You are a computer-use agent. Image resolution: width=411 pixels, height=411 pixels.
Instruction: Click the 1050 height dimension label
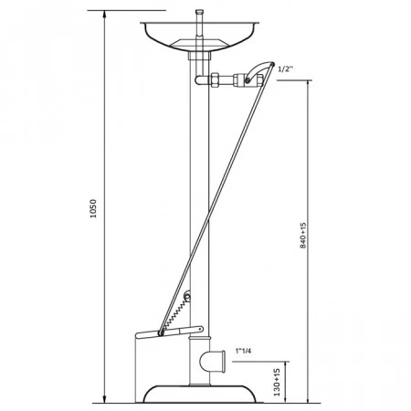[93, 208]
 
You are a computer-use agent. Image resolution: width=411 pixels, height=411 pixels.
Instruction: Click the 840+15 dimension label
[303, 236]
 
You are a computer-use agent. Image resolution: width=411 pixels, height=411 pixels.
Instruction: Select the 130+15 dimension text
[277, 383]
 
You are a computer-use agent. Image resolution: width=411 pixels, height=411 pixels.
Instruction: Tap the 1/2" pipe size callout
[285, 68]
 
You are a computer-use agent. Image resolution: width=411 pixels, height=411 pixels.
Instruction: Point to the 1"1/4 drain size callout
[243, 351]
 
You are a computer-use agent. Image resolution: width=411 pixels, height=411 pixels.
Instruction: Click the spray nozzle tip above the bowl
[199, 13]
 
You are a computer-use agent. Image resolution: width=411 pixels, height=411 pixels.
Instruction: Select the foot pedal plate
[169, 332]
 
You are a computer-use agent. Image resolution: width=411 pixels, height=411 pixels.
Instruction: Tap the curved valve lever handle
[259, 71]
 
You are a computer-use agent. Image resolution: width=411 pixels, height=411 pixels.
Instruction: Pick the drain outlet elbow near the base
[213, 361]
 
